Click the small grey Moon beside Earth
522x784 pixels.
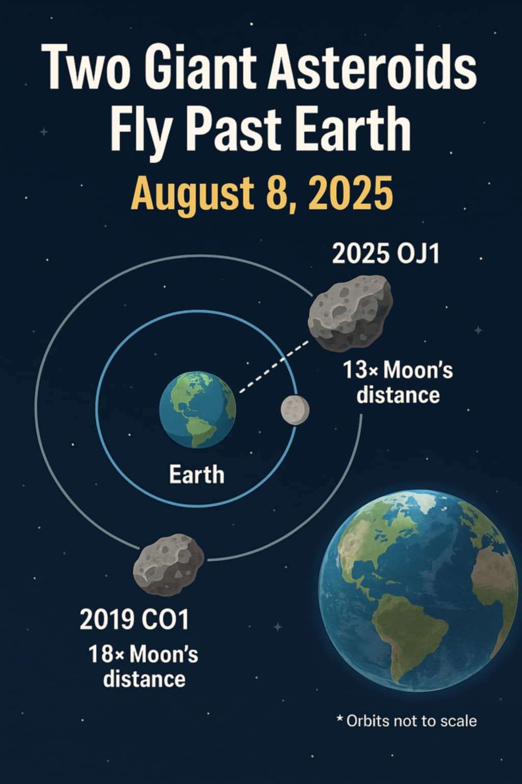295,410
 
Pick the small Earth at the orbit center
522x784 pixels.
198,410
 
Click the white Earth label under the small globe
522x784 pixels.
196,475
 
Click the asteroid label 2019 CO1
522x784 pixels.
134,619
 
